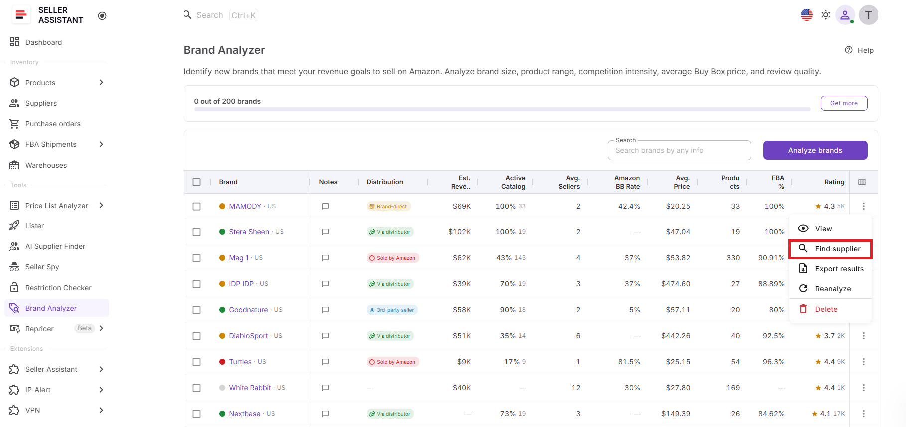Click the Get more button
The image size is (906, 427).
tap(844, 103)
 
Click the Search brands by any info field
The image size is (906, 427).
tap(679, 150)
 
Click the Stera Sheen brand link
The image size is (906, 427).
tap(249, 232)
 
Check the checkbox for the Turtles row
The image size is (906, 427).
tap(197, 362)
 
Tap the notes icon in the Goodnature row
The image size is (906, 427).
tap(326, 310)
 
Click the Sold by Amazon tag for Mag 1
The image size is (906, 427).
tap(393, 258)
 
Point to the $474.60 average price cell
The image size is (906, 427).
tap(676, 284)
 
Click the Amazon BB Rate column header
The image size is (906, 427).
tap(627, 182)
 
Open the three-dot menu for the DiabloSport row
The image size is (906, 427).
tap(863, 336)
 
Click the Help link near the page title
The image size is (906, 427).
tap(859, 50)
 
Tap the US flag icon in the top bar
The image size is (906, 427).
tap(806, 15)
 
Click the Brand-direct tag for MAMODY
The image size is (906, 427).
tap(388, 206)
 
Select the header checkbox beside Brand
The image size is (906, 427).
tap(197, 182)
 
